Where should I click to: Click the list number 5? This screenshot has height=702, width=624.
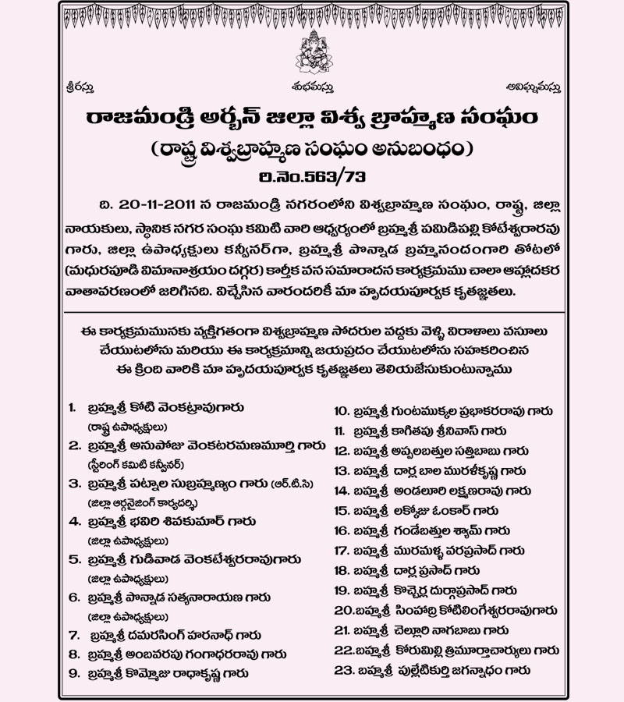pos(73,559)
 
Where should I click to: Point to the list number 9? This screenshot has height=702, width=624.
pos(73,672)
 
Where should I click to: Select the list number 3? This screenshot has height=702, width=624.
pos(73,484)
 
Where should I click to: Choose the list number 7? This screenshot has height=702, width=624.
pos(73,635)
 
